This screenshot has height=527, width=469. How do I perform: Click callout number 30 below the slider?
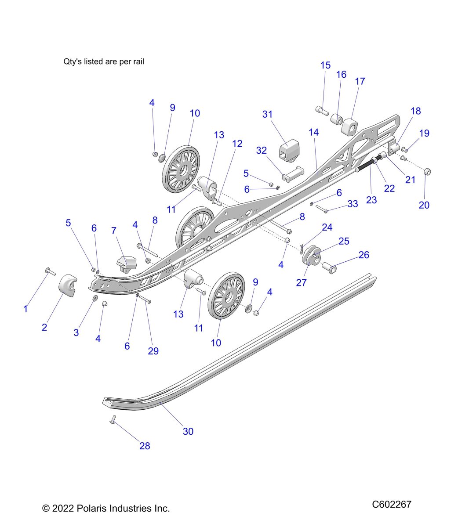tap(188, 431)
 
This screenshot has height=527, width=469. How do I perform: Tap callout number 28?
tap(145, 446)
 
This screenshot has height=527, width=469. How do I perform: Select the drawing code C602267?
tap(392, 504)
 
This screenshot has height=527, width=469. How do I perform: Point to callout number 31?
tap(267, 114)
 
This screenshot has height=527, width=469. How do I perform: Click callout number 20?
tap(424, 205)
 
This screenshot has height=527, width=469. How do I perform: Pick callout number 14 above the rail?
tap(313, 132)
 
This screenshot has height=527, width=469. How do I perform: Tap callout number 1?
tap(25, 309)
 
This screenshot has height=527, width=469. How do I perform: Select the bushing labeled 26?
tap(329, 266)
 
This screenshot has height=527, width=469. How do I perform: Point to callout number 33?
tap(353, 204)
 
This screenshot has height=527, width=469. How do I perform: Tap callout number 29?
tap(153, 351)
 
